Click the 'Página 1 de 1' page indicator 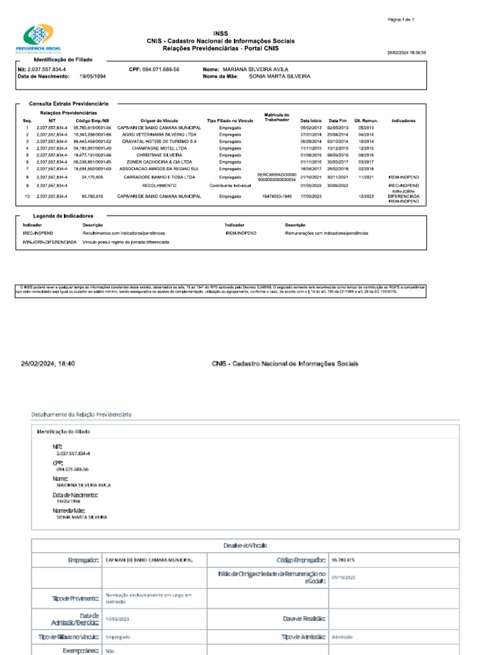(x=401, y=20)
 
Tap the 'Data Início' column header (x=311, y=120)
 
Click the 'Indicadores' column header (x=404, y=120)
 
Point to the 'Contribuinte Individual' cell (x=230, y=185)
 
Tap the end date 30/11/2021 (x=338, y=177)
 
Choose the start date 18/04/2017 (x=311, y=169)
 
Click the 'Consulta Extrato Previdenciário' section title (x=69, y=103)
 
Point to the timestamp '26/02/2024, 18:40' (x=49, y=363)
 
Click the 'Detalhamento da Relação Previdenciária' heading (x=81, y=415)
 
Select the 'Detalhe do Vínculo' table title (x=245, y=545)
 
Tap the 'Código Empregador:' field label (x=302, y=560)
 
